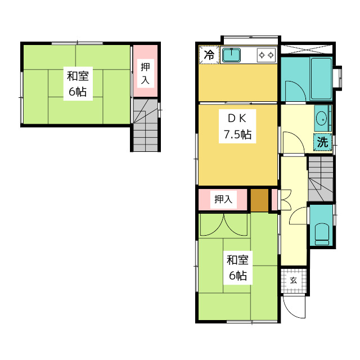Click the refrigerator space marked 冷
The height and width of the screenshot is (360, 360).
[209, 55]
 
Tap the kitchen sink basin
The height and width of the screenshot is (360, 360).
[231, 55]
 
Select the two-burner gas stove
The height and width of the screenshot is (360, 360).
[266, 55]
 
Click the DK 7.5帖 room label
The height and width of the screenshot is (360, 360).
[237, 126]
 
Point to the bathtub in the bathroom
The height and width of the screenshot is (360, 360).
[321, 79]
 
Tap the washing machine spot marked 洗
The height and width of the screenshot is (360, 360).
[322, 142]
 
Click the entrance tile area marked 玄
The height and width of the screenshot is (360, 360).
[294, 280]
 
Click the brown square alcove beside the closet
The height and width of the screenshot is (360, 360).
[259, 200]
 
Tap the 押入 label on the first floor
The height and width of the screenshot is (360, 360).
[223, 200]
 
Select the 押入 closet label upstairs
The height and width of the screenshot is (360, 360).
[145, 73]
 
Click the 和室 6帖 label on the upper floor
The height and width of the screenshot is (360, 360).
[78, 84]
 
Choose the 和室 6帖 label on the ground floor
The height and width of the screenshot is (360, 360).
[238, 268]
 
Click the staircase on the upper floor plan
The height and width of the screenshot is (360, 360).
[146, 125]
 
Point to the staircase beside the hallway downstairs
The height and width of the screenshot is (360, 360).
[321, 179]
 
